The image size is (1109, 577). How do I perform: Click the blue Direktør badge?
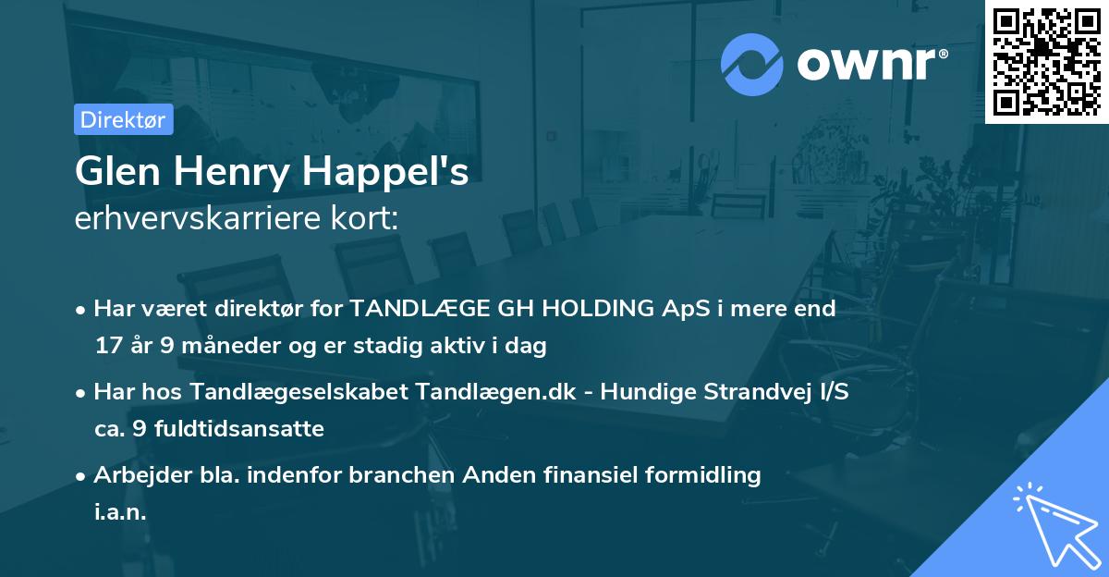123,120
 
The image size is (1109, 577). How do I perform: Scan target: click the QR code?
1046,61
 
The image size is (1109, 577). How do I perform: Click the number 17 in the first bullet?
106,346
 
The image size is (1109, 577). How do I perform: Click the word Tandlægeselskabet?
294,392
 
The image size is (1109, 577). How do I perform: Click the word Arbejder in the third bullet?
135,475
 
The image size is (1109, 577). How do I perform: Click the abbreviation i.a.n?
120,512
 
